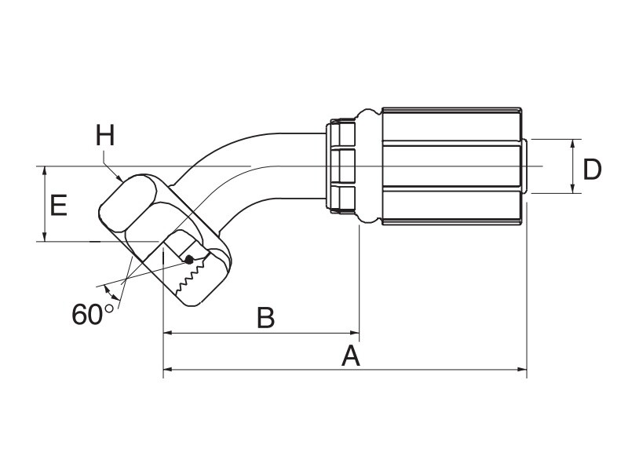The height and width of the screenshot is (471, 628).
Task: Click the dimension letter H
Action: (105, 135)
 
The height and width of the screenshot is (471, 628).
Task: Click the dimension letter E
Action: (58, 206)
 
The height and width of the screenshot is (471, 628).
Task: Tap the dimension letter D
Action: (592, 170)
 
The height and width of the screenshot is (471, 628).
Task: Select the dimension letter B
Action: (265, 318)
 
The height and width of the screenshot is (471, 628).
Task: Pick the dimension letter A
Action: (350, 356)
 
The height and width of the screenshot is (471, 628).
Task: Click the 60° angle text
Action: (93, 314)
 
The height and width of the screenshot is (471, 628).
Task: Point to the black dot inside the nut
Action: (189, 261)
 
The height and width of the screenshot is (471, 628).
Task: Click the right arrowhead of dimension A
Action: (522, 369)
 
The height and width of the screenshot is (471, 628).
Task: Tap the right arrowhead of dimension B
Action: (355, 332)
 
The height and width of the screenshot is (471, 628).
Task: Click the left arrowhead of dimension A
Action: (168, 369)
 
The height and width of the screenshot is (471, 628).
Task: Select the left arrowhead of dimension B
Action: (168, 332)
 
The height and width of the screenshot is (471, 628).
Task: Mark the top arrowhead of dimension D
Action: (573, 144)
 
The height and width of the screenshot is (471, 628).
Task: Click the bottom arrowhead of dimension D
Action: (573, 188)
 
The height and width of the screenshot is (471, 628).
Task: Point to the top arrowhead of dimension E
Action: (46, 170)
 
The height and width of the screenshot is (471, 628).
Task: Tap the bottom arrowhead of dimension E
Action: (46, 237)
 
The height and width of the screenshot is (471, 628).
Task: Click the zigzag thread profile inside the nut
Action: (192, 277)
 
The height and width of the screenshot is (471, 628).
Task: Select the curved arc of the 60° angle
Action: (111, 293)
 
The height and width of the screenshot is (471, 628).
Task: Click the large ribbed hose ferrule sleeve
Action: (452, 166)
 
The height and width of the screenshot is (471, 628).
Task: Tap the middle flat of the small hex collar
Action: (343, 166)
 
